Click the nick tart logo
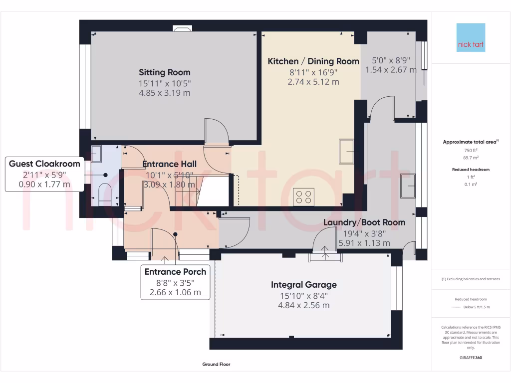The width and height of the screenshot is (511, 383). (471, 37)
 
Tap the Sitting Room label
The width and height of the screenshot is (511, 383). (165, 72)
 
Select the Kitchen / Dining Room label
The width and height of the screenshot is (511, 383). (313, 61)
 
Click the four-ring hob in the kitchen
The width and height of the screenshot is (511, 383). (303, 196)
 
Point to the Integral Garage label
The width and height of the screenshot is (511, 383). (303, 285)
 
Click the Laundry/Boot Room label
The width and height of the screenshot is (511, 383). (364, 222)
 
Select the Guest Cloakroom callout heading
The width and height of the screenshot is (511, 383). (44, 164)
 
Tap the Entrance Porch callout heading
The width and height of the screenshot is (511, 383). (175, 272)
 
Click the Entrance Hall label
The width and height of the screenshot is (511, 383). (169, 164)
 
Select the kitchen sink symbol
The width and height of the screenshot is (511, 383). (347, 151)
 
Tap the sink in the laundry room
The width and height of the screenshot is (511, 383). (408, 186)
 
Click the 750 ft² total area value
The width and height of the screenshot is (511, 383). (471, 151)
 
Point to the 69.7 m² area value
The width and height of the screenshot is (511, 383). (471, 157)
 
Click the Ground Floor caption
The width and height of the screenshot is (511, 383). (216, 365)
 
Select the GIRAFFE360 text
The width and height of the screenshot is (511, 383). (471, 358)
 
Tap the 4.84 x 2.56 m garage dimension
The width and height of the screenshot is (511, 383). (303, 305)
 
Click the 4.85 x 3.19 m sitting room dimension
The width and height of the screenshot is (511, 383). (165, 93)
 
